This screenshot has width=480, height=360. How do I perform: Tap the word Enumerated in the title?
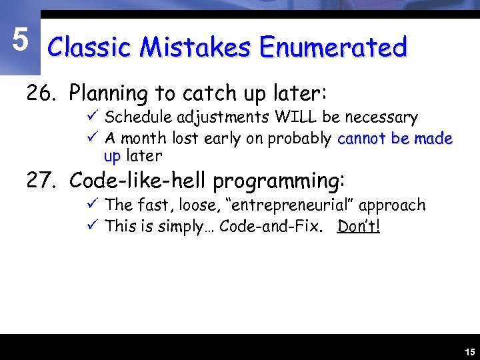333,48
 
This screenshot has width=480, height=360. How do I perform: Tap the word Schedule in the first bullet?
139,118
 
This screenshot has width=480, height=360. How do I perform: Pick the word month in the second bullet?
143,139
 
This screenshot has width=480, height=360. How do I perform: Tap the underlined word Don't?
359,226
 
